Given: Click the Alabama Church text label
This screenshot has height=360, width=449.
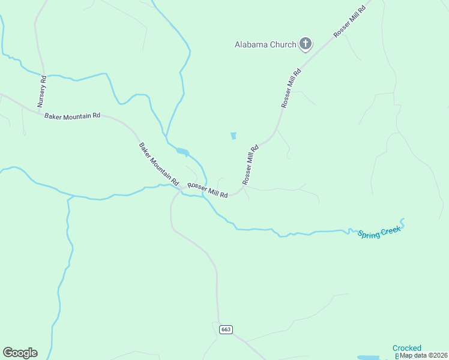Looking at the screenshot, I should tap(265, 44).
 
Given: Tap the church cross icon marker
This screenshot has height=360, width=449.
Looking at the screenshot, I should tap(306, 43).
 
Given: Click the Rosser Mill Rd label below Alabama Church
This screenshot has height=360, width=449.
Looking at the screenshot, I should tap(291, 88).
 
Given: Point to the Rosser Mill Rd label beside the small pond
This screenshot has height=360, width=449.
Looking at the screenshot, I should tap(250, 164).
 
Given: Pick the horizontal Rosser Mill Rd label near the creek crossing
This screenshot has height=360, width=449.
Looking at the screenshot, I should tap(208, 190).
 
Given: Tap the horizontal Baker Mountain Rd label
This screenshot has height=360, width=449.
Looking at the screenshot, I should tap(72, 115).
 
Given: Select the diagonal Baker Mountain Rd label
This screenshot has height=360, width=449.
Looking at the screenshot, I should tap(159, 163).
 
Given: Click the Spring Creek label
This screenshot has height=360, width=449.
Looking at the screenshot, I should tap(379, 232).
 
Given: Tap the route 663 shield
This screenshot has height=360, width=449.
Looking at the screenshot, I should tap(225, 330).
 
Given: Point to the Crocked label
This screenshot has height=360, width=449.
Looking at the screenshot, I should tap(407, 348).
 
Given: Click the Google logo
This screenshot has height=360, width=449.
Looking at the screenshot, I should tap(20, 353).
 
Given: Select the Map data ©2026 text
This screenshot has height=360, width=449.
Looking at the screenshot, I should tap(423, 355).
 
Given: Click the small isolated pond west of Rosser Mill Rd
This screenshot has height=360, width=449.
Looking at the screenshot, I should tap(234, 136).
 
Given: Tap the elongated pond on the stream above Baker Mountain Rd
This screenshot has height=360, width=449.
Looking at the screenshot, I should tap(182, 151).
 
